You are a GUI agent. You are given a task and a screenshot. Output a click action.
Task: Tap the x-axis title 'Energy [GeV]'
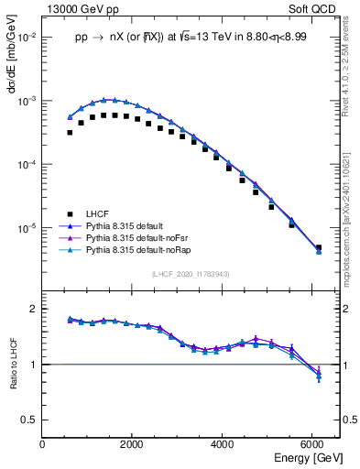(x=310, y=457)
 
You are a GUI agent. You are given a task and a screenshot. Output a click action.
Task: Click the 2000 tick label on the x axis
(x=132, y=444)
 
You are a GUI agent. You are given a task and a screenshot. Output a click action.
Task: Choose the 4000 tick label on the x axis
(x=223, y=444)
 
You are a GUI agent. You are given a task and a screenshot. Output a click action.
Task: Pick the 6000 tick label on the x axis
(x=312, y=444)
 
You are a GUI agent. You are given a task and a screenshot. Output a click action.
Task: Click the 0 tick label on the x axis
(x=42, y=444)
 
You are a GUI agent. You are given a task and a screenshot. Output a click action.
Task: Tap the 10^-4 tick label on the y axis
(x=27, y=164)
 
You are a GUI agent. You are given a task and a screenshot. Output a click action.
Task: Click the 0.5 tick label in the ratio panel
(x=29, y=419)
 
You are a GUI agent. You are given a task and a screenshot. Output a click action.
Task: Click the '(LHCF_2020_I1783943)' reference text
(x=190, y=275)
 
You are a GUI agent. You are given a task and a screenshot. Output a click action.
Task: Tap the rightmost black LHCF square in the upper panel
(x=318, y=247)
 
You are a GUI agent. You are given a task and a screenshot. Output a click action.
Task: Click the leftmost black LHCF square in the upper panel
(x=70, y=132)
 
